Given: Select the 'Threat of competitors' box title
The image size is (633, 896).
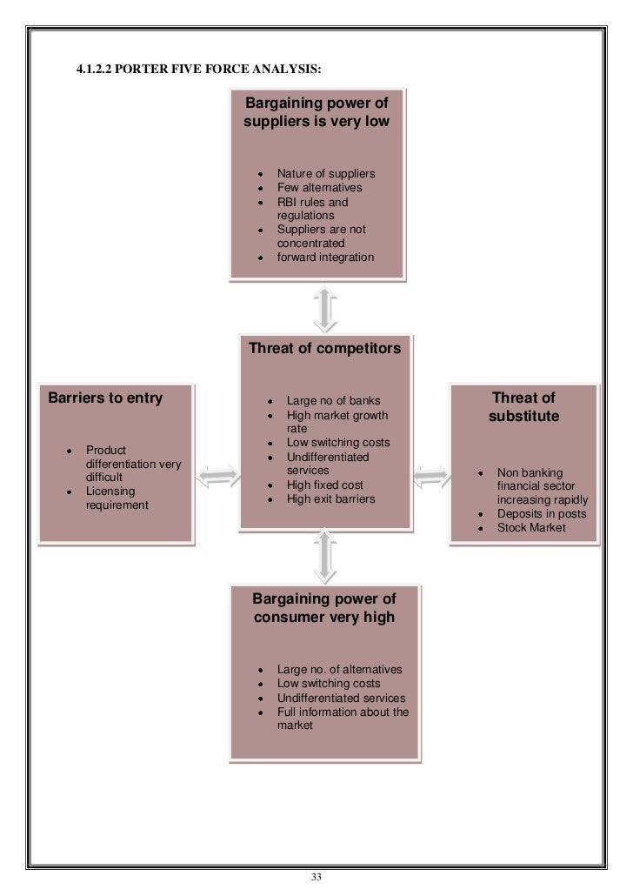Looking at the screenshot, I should coord(324,349).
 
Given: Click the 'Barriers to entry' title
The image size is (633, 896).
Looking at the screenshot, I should coord(105,398).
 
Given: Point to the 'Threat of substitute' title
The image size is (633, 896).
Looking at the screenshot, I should coord(523,407).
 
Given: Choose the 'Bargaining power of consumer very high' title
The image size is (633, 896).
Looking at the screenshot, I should coord(324,608).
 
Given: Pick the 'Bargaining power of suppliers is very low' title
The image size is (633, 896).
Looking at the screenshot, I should coord(316,113).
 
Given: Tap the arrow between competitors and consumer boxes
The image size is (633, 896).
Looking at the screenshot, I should coord(324,558).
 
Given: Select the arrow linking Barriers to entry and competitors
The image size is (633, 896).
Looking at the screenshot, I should coord(217,475).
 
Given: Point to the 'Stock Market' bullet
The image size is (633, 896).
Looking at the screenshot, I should coord(531,527).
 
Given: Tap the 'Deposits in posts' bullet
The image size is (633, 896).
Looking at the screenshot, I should coord(542,514).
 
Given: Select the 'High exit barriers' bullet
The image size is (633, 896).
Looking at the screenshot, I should coord(331,499).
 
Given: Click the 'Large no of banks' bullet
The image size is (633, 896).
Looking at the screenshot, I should coord(334,401).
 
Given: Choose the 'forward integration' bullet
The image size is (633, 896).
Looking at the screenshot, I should coord(325,257).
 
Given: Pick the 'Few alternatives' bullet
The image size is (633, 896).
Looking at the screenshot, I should coord(319,188).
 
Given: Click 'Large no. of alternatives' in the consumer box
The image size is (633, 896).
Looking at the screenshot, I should coord(339,670).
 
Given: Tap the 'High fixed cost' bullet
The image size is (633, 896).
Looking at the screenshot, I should coord(325,485).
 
